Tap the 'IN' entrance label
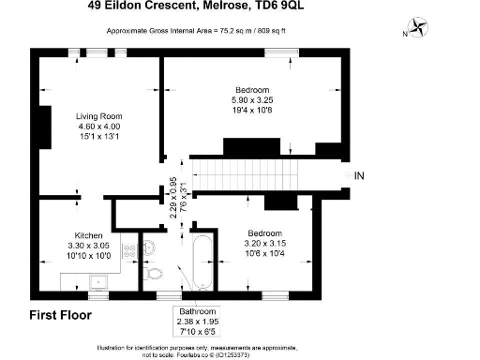tap(359, 174)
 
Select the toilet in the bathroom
tap(155, 274)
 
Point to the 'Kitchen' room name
tap(89, 235)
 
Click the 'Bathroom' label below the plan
tap(198, 310)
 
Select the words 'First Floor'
tap(60, 315)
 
